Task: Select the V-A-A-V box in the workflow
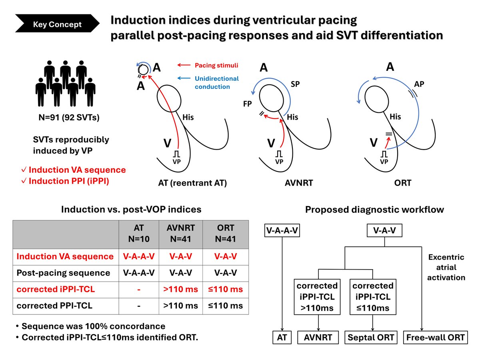(x=282, y=230)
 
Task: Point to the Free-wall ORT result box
(x=436, y=338)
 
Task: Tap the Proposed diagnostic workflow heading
(x=374, y=210)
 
